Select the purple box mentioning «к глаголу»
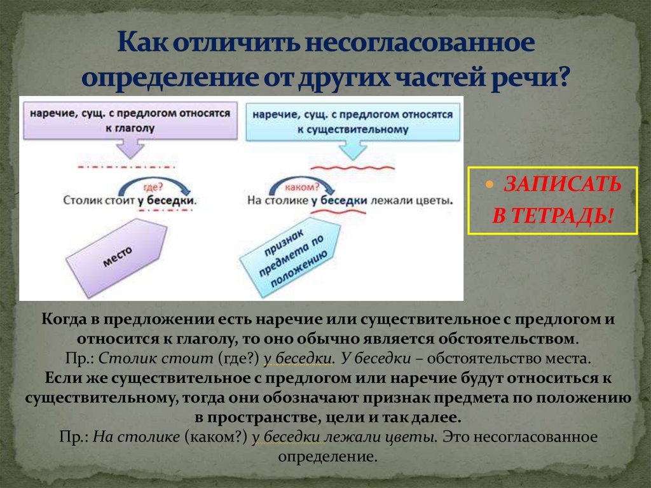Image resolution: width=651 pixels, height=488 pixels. (128, 120)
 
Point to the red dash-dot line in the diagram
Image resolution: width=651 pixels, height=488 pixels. (128, 166)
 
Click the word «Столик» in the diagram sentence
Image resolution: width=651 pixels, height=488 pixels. (79, 200)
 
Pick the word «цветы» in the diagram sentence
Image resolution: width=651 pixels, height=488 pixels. (437, 200)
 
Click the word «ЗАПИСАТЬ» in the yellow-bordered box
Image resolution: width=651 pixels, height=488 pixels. (562, 185)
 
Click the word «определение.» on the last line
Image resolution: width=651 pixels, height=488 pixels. (328, 456)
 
